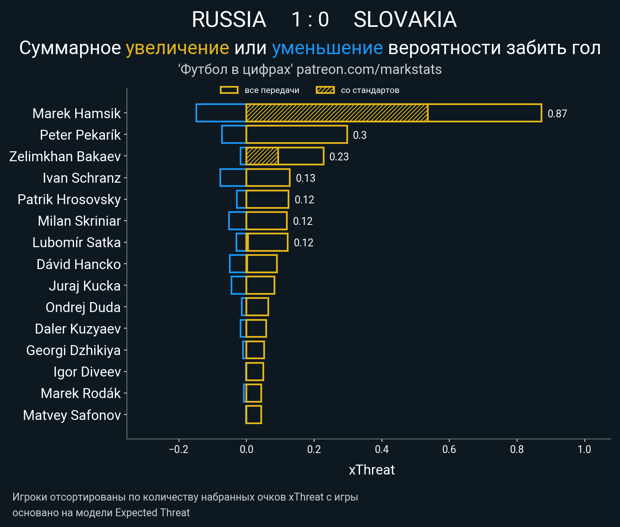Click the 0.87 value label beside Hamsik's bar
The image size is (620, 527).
(x=557, y=114)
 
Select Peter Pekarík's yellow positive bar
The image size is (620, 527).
(x=296, y=135)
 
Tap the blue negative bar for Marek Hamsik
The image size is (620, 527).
(x=221, y=113)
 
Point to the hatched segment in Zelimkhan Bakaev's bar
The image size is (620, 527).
(x=262, y=156)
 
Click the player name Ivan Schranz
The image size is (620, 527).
(x=81, y=178)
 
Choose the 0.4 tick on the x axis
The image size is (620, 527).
(x=382, y=449)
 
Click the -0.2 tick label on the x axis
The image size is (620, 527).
(x=179, y=449)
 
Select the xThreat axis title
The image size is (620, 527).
(x=372, y=470)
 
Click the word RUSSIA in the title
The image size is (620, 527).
(x=229, y=20)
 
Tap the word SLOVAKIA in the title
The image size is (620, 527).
(x=405, y=20)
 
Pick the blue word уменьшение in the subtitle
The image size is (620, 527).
(x=327, y=48)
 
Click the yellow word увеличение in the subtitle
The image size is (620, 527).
(x=177, y=48)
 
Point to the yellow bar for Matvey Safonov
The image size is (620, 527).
(x=254, y=415)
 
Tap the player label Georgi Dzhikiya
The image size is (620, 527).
(x=74, y=351)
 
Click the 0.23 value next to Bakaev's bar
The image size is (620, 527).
(x=339, y=157)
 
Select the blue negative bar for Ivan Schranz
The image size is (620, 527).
(x=233, y=178)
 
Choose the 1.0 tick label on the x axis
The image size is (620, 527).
(x=584, y=449)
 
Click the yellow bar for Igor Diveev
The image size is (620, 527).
(x=255, y=372)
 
